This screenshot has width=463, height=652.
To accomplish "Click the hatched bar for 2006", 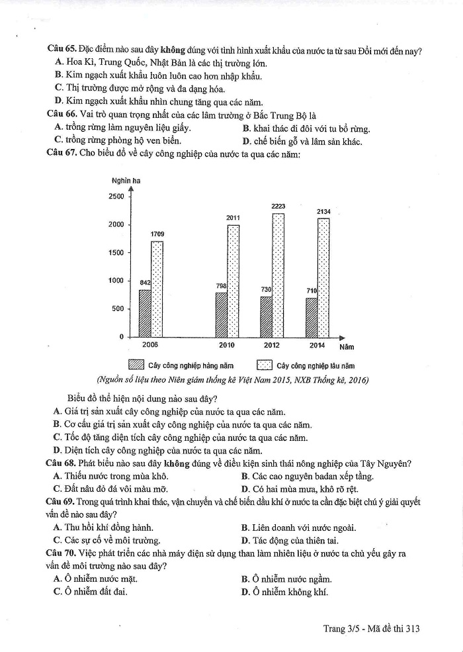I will click(145, 313).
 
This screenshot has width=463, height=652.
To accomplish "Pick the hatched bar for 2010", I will click(222, 314).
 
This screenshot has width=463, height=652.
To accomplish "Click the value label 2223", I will click(278, 207).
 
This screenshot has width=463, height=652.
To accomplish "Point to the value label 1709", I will click(157, 234).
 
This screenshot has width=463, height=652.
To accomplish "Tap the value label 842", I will click(145, 283).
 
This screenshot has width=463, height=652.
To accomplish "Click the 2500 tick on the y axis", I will click(116, 197).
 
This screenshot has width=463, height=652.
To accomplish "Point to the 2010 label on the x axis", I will click(227, 345).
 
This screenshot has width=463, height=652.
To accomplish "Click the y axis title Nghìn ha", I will click(126, 180).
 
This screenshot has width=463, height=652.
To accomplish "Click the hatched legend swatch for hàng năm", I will click(137, 365).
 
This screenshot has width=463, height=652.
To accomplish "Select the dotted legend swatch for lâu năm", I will click(265, 365).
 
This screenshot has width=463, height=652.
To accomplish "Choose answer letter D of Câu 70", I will click(245, 592).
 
